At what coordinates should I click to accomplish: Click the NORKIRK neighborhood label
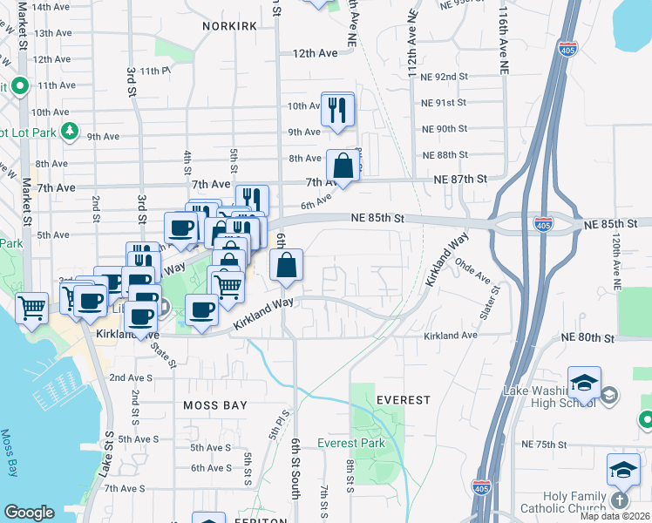(x=229, y=26)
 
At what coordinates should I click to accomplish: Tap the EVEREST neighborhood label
(x=404, y=400)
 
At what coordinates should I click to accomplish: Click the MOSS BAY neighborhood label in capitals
(x=215, y=405)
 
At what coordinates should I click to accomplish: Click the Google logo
(x=29, y=513)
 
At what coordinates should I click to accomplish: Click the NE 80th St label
(x=588, y=337)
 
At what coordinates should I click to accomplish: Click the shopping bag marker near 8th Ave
(x=343, y=165)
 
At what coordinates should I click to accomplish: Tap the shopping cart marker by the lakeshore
(x=32, y=306)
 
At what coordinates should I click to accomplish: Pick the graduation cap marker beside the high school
(x=584, y=383)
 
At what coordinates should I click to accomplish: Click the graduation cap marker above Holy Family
(x=623, y=471)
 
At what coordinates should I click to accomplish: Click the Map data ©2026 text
(x=615, y=516)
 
